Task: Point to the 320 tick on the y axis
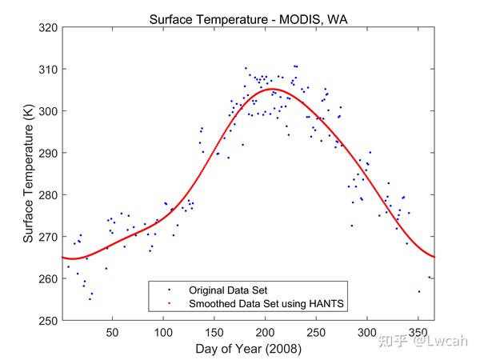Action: [x=47, y=27]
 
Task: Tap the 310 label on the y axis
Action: [x=47, y=70]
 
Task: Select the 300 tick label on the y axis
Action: [x=47, y=111]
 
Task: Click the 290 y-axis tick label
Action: [x=47, y=153]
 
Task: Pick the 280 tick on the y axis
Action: [x=47, y=195]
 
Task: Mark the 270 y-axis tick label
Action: [x=47, y=237]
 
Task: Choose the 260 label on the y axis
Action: [x=47, y=278]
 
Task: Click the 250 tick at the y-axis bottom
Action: [x=47, y=320]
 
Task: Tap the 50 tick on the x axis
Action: [x=112, y=331]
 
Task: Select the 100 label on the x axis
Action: [x=163, y=331]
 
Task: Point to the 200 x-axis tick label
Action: [x=265, y=331]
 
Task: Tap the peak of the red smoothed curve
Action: [x=270, y=89]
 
